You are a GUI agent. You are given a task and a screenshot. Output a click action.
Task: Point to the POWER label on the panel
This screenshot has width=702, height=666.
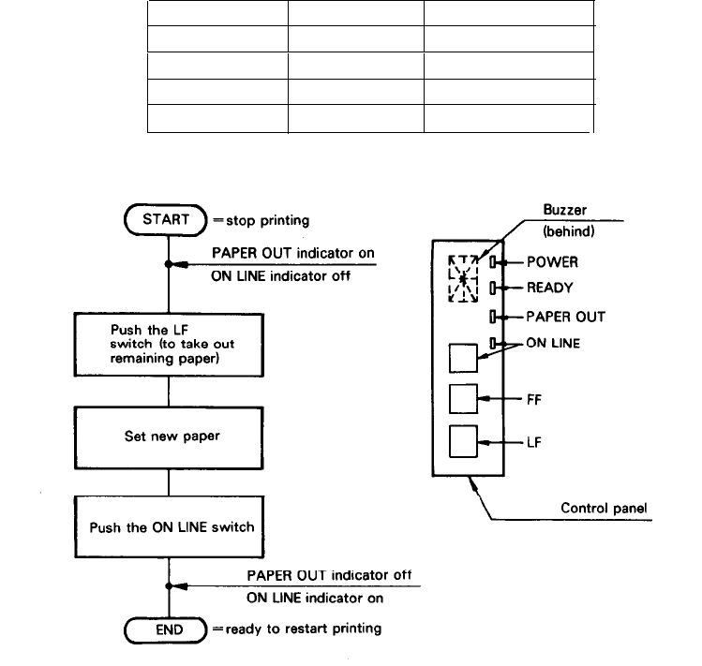553,263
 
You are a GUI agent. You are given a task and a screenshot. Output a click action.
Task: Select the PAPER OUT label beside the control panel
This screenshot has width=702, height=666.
564,317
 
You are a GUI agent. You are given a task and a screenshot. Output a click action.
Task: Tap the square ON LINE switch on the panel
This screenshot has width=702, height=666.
464,359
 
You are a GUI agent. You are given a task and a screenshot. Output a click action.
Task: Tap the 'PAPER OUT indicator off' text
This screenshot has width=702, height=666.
329,574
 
